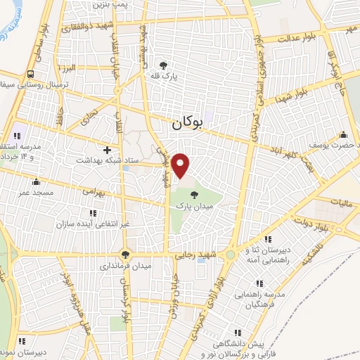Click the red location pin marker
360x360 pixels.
[181, 165]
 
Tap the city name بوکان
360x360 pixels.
[186, 123]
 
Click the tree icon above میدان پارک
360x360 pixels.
[194, 195]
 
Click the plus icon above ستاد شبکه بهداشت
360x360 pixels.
[107, 149]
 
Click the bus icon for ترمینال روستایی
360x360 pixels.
[31, 74]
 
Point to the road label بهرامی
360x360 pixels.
[93, 191]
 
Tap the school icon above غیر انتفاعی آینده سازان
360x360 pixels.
[93, 212]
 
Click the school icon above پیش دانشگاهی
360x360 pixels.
[238, 332]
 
